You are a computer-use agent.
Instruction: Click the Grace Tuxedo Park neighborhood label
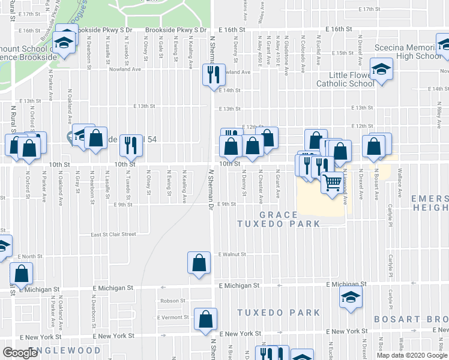click(279, 219)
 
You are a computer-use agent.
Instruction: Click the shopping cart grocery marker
click(332, 181)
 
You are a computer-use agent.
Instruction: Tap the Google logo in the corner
click(20, 353)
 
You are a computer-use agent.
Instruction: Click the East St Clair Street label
click(113, 235)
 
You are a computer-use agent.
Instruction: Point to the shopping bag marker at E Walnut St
click(199, 262)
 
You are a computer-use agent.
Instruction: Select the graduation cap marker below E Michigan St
click(351, 297)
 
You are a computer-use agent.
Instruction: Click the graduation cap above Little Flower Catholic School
click(381, 69)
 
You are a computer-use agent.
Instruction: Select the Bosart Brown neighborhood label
click(411, 319)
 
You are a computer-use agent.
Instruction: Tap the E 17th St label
click(370, 10)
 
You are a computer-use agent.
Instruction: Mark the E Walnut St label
click(233, 254)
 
